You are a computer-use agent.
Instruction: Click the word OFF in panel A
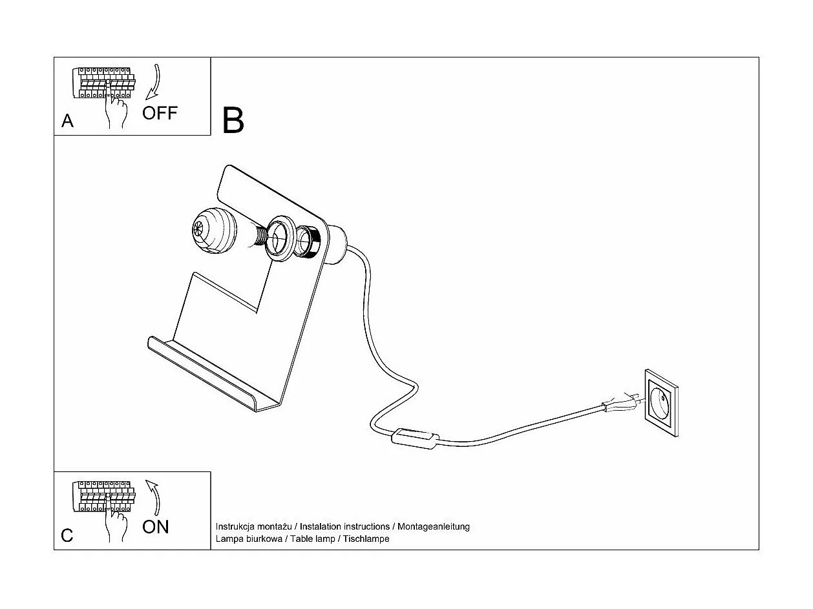159,113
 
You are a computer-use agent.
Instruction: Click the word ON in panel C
155,527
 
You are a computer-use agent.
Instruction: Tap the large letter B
233,120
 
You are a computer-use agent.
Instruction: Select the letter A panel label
67,121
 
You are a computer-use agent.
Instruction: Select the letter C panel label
67,535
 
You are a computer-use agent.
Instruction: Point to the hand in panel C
117,524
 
